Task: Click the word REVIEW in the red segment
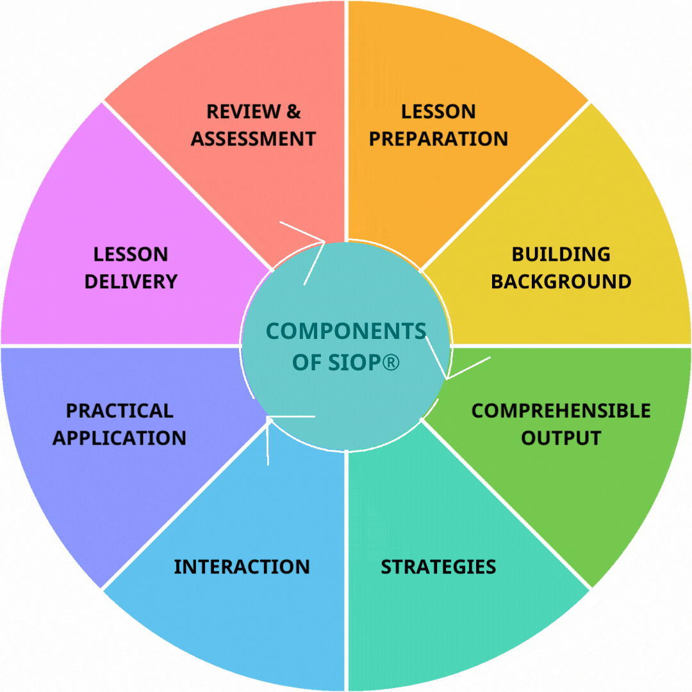point(240,111)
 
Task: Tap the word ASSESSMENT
point(253,139)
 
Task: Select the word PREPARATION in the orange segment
point(438,139)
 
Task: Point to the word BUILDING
point(561,254)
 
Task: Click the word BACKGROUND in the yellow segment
point(561,282)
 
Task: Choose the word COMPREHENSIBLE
point(561,411)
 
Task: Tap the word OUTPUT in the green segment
point(561,438)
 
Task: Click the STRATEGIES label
point(438,567)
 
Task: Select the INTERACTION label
point(242,567)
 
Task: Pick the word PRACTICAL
point(120,411)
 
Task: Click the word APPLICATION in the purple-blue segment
point(120,438)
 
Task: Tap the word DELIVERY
point(131,282)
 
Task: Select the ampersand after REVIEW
point(293,111)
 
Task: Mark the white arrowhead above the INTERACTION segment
point(270,419)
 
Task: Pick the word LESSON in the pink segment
point(131,254)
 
